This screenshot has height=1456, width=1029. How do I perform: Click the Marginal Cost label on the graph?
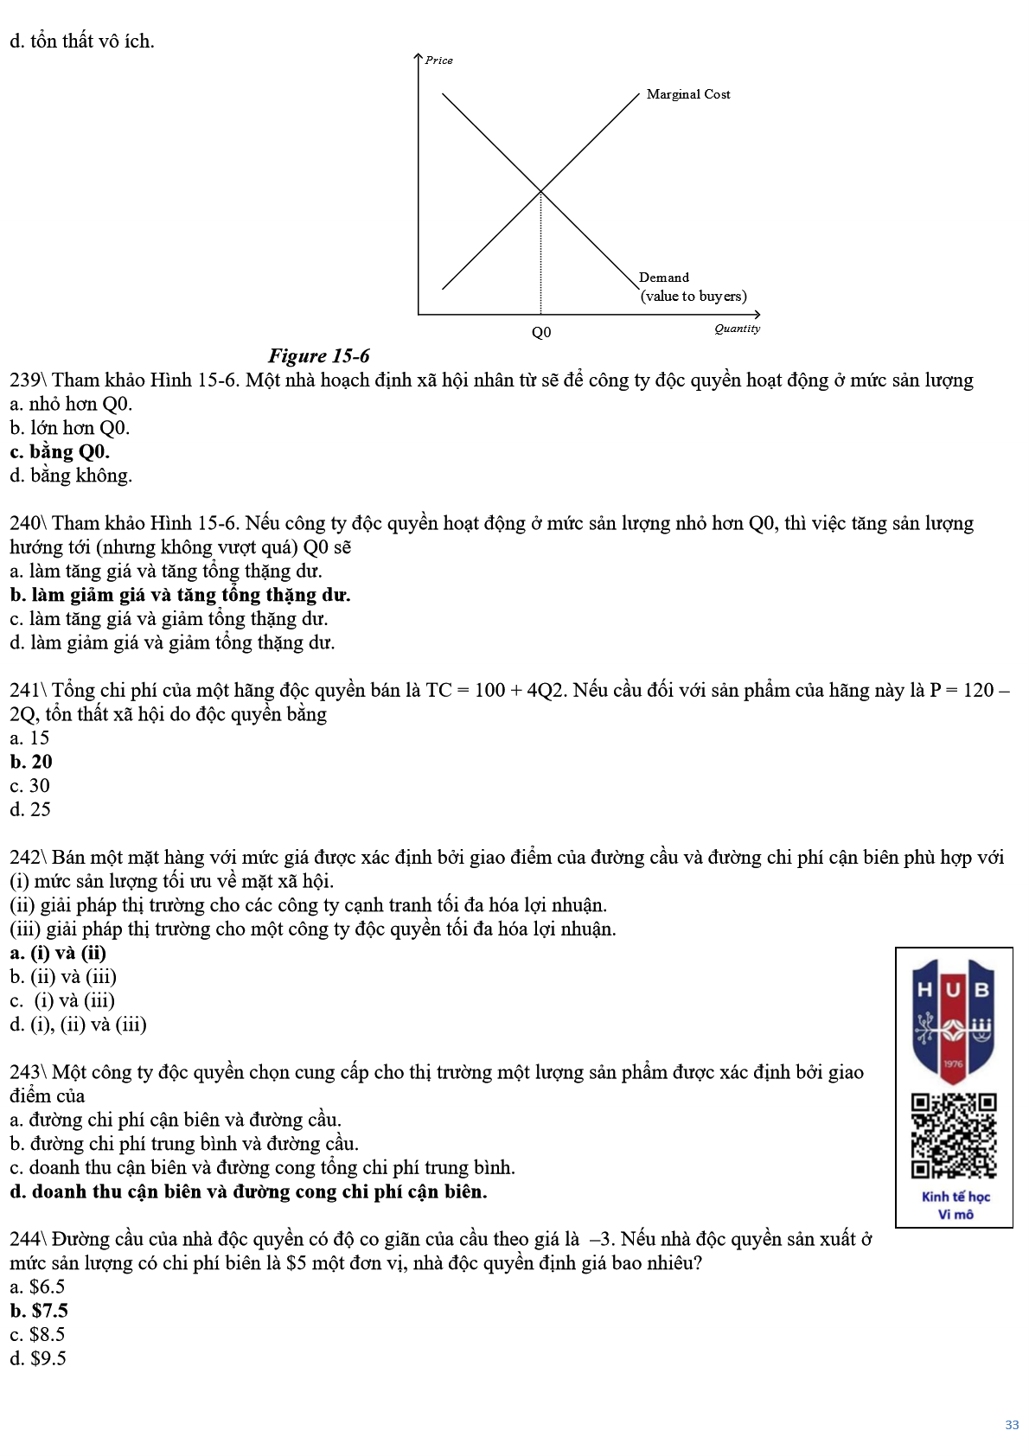(688, 94)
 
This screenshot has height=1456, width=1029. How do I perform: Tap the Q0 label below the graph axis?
(541, 333)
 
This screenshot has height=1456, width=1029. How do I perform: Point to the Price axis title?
(438, 61)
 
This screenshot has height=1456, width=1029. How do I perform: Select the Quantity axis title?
(737, 329)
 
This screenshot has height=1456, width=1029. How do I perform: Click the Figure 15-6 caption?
(318, 356)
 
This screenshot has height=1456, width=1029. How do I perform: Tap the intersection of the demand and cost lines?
(540, 191)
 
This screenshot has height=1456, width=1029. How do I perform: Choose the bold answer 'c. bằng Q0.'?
(60, 451)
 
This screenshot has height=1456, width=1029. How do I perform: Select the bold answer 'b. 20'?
(31, 762)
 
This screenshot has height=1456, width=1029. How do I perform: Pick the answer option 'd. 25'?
(30, 809)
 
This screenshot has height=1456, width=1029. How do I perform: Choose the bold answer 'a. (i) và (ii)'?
(58, 953)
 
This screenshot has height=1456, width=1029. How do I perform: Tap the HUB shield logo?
(953, 1020)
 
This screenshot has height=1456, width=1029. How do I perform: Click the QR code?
(953, 1135)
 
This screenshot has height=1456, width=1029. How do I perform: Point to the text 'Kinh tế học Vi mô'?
(955, 1205)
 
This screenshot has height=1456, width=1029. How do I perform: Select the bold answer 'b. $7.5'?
(39, 1311)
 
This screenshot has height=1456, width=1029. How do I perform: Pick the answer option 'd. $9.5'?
(38, 1358)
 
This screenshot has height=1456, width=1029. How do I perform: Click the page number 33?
(1012, 1425)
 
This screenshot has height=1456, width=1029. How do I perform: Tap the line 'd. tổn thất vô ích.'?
(82, 41)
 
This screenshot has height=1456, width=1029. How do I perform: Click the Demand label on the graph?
(664, 278)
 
